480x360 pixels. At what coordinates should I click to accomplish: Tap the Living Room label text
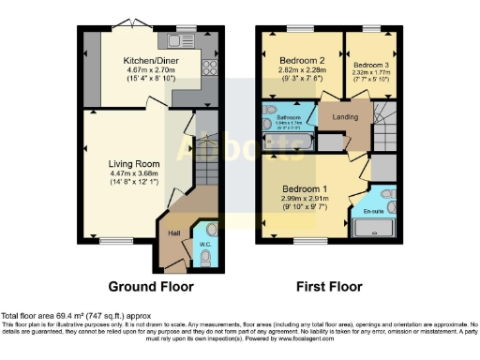(x=134, y=163)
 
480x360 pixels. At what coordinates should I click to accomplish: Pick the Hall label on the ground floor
(x=174, y=232)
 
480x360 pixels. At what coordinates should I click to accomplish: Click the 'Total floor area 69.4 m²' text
(x=75, y=316)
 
